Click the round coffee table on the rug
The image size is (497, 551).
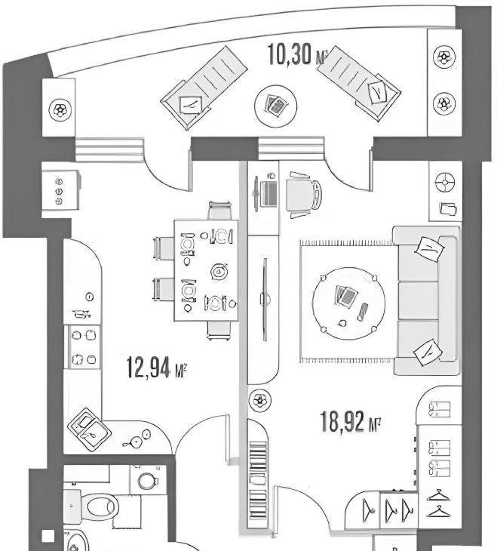350,303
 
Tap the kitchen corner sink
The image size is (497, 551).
90,431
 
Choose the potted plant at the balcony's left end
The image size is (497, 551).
59,110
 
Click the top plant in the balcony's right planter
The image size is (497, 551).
443,57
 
